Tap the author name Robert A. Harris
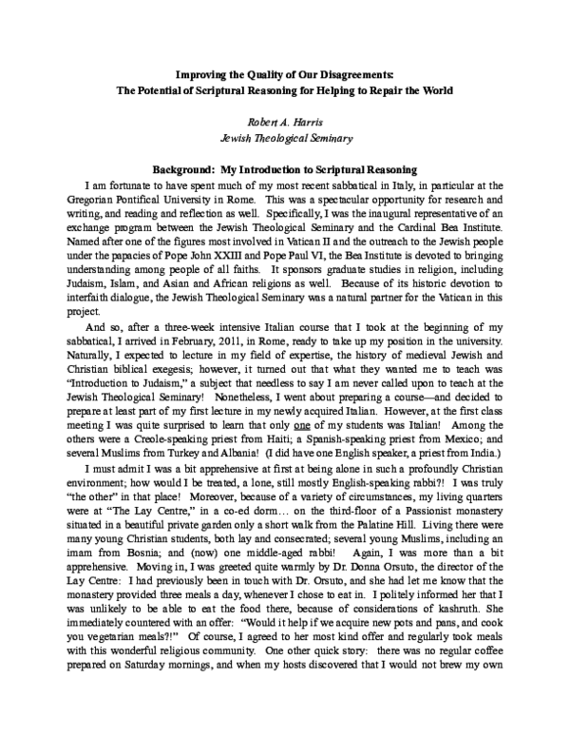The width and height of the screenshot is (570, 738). (x=285, y=123)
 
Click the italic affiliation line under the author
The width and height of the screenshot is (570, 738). (x=285, y=139)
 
